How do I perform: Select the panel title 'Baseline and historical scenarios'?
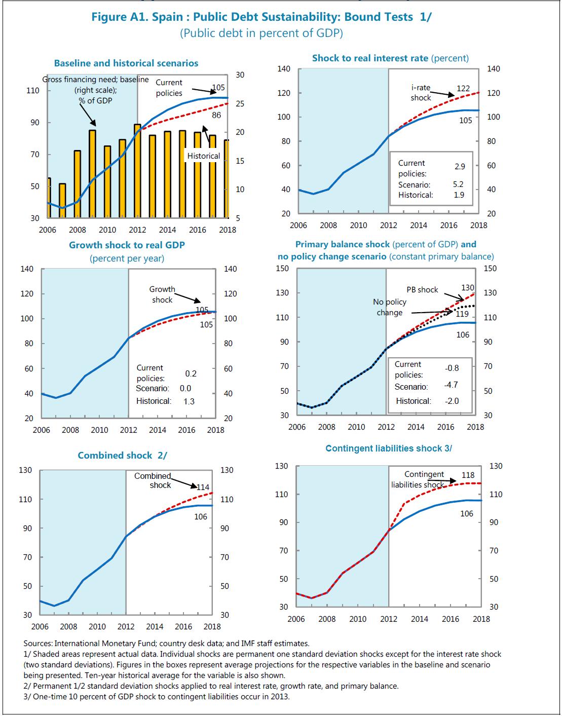(x=126, y=63)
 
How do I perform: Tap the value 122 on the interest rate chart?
(x=463, y=88)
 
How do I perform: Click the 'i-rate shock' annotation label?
(x=421, y=93)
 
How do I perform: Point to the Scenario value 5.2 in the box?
(x=458, y=184)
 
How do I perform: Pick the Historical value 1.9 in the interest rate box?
(x=459, y=195)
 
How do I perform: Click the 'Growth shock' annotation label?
(x=162, y=294)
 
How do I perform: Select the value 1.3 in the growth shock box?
(x=189, y=401)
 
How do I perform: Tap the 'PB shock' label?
(x=422, y=290)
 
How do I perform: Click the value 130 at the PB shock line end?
(x=468, y=287)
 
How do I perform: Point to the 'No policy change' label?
(x=390, y=307)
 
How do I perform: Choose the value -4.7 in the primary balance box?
(x=451, y=385)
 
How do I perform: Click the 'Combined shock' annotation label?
(x=153, y=480)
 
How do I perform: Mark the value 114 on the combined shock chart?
(x=203, y=487)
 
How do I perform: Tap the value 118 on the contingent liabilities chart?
(x=468, y=475)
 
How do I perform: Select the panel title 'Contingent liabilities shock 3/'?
(x=389, y=448)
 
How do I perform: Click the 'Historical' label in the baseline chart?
(x=204, y=156)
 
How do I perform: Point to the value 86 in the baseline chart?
(x=216, y=115)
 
